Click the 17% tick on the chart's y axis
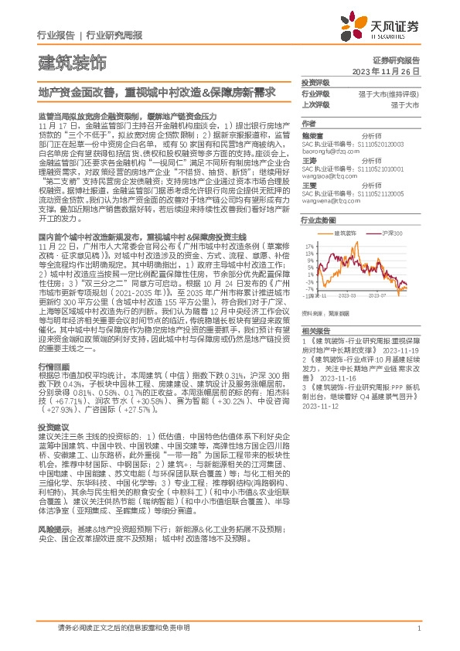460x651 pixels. click(308, 244)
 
